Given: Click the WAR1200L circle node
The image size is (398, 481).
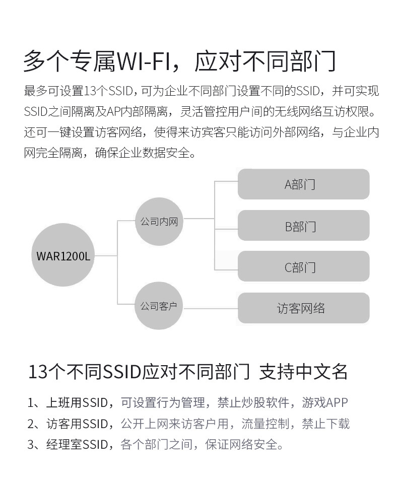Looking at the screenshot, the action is click(63, 256).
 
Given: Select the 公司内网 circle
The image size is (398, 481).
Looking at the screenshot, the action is click(159, 221).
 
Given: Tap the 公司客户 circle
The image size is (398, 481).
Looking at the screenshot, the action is click(159, 306).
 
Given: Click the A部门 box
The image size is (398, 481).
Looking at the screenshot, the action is click(303, 184).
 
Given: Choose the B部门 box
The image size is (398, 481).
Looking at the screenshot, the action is click(303, 226).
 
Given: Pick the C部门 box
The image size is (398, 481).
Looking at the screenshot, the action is click(303, 266).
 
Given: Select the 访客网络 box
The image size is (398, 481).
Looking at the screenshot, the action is click(303, 308).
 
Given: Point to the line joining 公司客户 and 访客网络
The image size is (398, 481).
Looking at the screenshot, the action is click(210, 306).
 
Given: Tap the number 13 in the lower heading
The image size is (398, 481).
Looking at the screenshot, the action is click(37, 373).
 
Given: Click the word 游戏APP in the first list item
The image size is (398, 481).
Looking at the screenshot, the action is click(325, 403).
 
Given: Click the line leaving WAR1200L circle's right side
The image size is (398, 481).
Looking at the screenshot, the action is click(106, 256).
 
